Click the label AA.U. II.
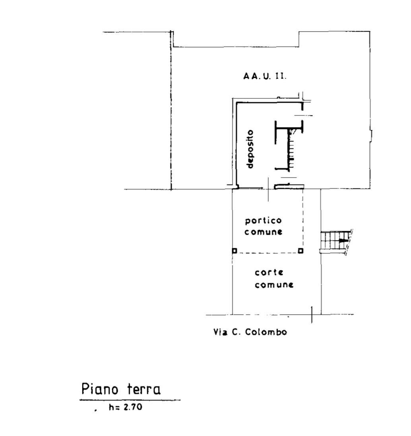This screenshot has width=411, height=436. (265, 76)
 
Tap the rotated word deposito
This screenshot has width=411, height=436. (250, 149)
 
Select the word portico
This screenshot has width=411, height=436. (264, 221)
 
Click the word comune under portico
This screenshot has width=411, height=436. (264, 232)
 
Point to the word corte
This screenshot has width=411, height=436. (269, 272)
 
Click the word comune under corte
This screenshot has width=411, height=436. (274, 285)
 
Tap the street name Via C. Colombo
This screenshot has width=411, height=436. (250, 332)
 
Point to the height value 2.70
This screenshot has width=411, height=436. (133, 407)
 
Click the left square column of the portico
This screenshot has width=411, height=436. (235, 251)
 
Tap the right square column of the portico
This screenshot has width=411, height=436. (300, 251)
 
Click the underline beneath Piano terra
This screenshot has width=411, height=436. (130, 400)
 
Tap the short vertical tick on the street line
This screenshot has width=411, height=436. (312, 315)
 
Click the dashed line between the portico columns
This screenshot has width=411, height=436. (268, 253)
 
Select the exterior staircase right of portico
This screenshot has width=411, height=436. (336, 241)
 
